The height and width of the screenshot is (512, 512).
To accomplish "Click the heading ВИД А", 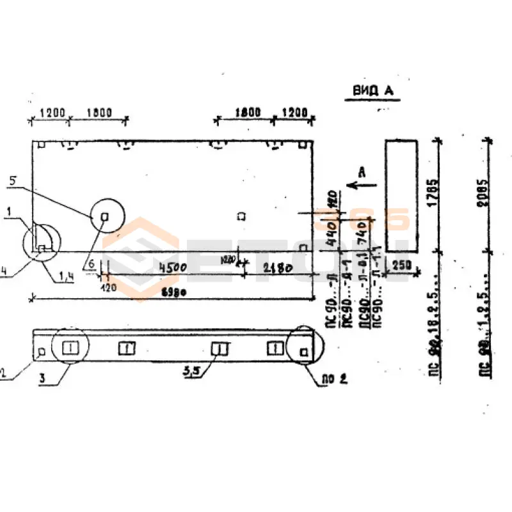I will coord(374,91).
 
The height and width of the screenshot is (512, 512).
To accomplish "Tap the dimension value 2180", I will coord(277,269).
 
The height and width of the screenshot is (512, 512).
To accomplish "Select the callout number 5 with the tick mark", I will coord(13,181).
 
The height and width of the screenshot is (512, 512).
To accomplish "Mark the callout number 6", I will coord(92,264).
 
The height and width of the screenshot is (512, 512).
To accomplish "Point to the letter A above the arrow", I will coord(362,172).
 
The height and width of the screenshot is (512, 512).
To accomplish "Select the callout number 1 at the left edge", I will coord(10,211).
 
